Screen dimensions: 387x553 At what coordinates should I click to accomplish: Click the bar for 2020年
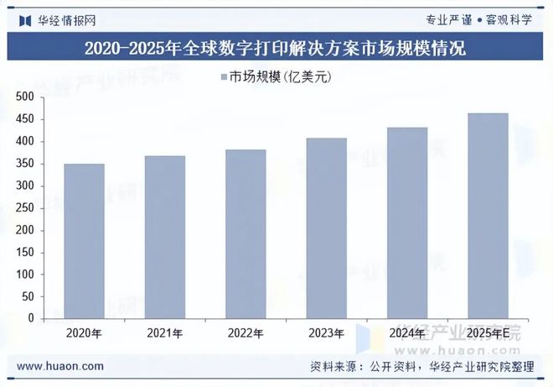coord(84,241)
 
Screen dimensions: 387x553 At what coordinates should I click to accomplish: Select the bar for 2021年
coord(165,237)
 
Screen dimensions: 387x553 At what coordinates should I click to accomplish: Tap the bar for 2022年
coord(245,234)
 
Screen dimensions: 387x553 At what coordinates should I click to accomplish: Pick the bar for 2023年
coord(326,228)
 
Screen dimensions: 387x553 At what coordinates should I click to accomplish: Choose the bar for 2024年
coord(406,223)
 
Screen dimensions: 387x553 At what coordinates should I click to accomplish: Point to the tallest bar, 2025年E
coord(488,216)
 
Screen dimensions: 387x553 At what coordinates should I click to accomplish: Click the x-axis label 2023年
coord(326,333)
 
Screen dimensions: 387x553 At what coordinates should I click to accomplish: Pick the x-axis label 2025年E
coord(488,333)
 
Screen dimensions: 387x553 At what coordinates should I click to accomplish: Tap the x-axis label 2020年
coord(84,333)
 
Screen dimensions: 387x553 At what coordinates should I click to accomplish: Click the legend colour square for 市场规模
coord(224,77)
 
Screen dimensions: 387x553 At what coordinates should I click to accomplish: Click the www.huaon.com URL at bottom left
coord(60,366)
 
